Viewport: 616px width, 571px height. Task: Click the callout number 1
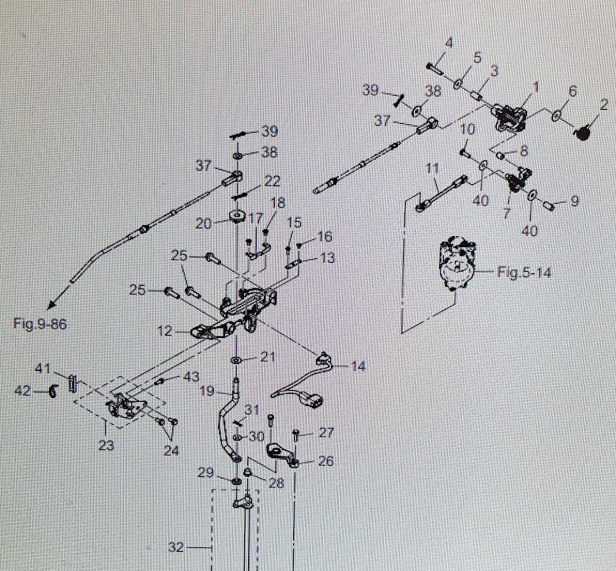point(535,85)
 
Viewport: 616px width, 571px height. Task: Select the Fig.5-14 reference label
point(524,272)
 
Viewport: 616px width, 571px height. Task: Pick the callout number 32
point(178,546)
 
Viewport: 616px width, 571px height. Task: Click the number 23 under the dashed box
point(106,445)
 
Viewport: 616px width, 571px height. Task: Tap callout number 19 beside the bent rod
point(207,390)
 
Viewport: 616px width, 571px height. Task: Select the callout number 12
point(164,332)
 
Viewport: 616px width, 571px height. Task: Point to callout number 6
point(573,92)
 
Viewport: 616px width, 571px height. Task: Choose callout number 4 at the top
point(448,43)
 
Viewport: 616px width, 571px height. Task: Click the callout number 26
point(326,460)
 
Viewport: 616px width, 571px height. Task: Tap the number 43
point(192,378)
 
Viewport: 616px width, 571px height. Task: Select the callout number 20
point(204,224)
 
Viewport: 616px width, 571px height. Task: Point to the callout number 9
point(574,201)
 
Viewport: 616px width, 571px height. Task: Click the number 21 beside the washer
point(269,358)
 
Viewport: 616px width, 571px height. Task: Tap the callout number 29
point(206,472)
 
